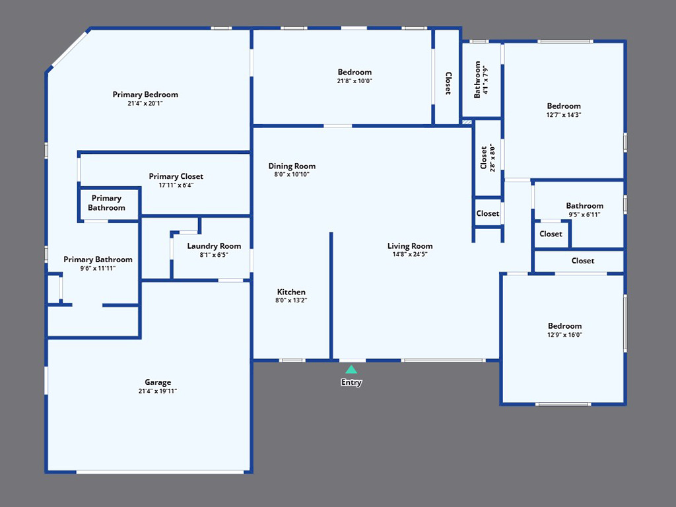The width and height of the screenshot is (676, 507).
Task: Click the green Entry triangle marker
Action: pyautogui.click(x=351, y=370)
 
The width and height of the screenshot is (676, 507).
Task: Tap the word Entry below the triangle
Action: pyautogui.click(x=351, y=382)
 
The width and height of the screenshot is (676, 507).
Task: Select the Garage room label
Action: pyautogui.click(x=158, y=382)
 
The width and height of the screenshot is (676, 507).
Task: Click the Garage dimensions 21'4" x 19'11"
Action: pyautogui.click(x=158, y=391)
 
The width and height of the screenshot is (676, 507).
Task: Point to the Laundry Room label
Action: pyautogui.click(x=214, y=246)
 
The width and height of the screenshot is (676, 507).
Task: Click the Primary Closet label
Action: pyautogui.click(x=176, y=176)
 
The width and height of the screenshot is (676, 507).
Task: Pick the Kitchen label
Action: pyautogui.click(x=291, y=292)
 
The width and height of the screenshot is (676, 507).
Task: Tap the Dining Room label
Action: pyautogui.click(x=292, y=166)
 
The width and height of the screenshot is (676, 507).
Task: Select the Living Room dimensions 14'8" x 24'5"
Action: pyautogui.click(x=409, y=254)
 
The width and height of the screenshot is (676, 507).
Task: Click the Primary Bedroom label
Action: pyautogui.click(x=145, y=94)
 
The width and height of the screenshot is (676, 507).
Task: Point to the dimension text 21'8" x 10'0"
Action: pyautogui.click(x=355, y=81)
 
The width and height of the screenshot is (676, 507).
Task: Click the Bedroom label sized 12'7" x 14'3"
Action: pyautogui.click(x=564, y=106)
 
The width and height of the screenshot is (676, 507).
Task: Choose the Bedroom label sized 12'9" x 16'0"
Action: pyautogui.click(x=564, y=326)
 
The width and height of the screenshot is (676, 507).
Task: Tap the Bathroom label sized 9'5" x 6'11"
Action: pyautogui.click(x=585, y=206)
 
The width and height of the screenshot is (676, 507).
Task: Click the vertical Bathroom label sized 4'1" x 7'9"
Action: pyautogui.click(x=477, y=80)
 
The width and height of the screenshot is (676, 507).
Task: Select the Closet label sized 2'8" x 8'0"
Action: pyautogui.click(x=484, y=158)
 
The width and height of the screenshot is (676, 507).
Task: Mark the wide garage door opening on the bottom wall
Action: pyautogui.click(x=160, y=472)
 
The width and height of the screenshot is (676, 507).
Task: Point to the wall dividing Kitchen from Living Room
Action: pyautogui.click(x=331, y=296)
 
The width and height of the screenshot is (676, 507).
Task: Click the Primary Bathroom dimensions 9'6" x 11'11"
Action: pyautogui.click(x=98, y=268)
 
